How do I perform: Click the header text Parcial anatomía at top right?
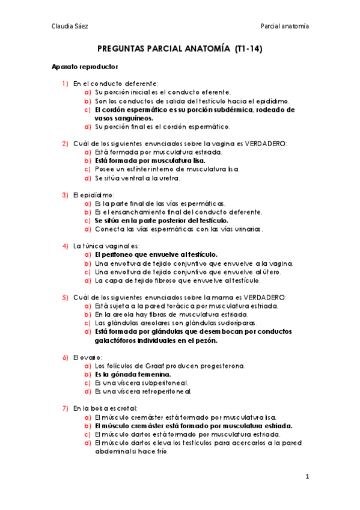(x=285, y=26)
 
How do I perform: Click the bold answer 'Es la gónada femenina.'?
(x=129, y=374)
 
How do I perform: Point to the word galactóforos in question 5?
(x=118, y=340)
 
